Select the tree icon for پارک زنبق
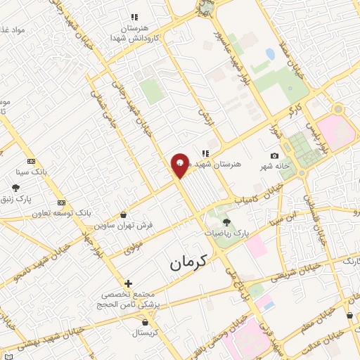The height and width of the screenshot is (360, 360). pyautogui.click(x=15, y=187)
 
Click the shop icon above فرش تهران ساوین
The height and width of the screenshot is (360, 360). pyautogui.click(x=124, y=214)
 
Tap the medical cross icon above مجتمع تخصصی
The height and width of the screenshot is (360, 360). pyautogui.click(x=127, y=283)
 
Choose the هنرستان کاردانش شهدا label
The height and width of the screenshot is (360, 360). pyautogui.click(x=134, y=32)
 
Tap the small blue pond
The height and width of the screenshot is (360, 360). pyautogui.click(x=271, y=53)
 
